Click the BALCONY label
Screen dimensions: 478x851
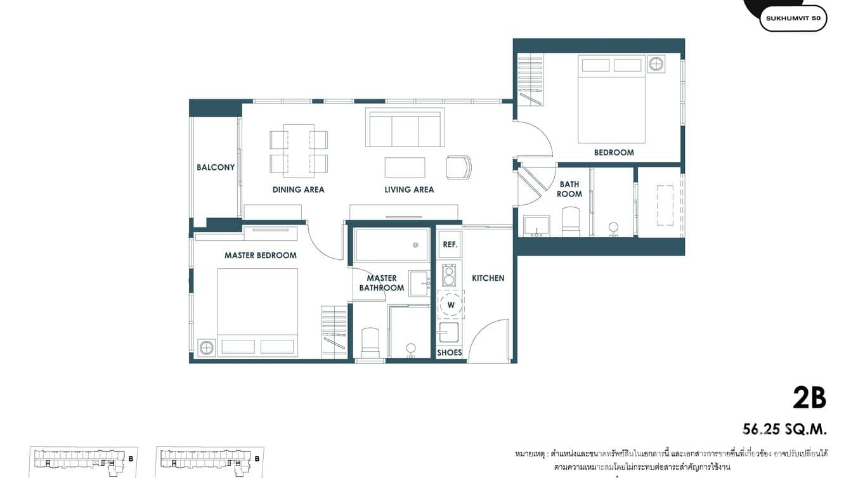point(216,167)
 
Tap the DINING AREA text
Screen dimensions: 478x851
point(298,190)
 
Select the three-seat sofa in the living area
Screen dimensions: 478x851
point(405,129)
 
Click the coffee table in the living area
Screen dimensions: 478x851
point(405,167)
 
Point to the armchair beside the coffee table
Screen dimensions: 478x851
point(458,167)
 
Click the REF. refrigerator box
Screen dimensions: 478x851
point(450,244)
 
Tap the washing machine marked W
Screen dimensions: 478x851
point(451,305)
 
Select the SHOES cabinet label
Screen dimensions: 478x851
point(450,352)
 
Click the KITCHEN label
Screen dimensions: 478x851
point(488,278)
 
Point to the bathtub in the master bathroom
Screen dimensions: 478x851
point(391,245)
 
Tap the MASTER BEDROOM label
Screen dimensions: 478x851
point(261,255)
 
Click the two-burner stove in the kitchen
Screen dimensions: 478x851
point(449,276)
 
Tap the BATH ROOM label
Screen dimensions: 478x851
point(569,189)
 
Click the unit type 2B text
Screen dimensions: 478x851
point(809,398)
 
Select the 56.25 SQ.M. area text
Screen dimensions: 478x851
point(784,430)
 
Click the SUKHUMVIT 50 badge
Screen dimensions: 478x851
point(793,18)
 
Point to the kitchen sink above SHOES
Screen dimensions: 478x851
point(449,332)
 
